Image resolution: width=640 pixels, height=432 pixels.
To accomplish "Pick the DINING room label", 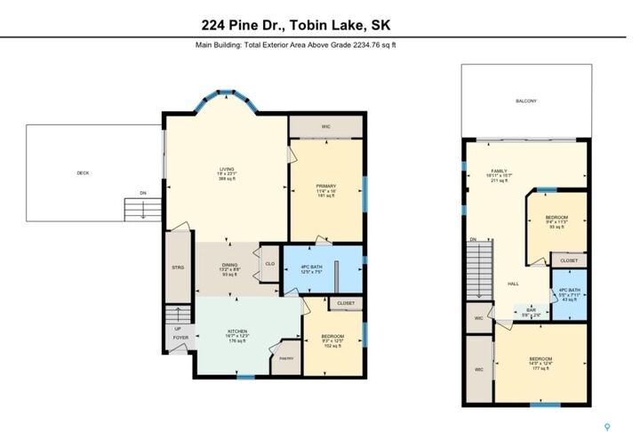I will click(x=228, y=265).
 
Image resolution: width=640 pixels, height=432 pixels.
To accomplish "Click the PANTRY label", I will click(x=286, y=358).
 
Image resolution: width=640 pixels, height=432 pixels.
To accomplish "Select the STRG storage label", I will click(x=177, y=267).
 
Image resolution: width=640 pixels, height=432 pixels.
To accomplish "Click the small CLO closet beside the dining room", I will click(x=269, y=263).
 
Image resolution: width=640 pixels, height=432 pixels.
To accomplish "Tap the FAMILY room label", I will click(x=497, y=171).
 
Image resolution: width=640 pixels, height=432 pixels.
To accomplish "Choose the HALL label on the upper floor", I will click(x=513, y=284).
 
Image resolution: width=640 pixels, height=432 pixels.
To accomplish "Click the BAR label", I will click(x=531, y=310).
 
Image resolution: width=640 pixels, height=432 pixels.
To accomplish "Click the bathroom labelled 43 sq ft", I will click(x=570, y=293).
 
